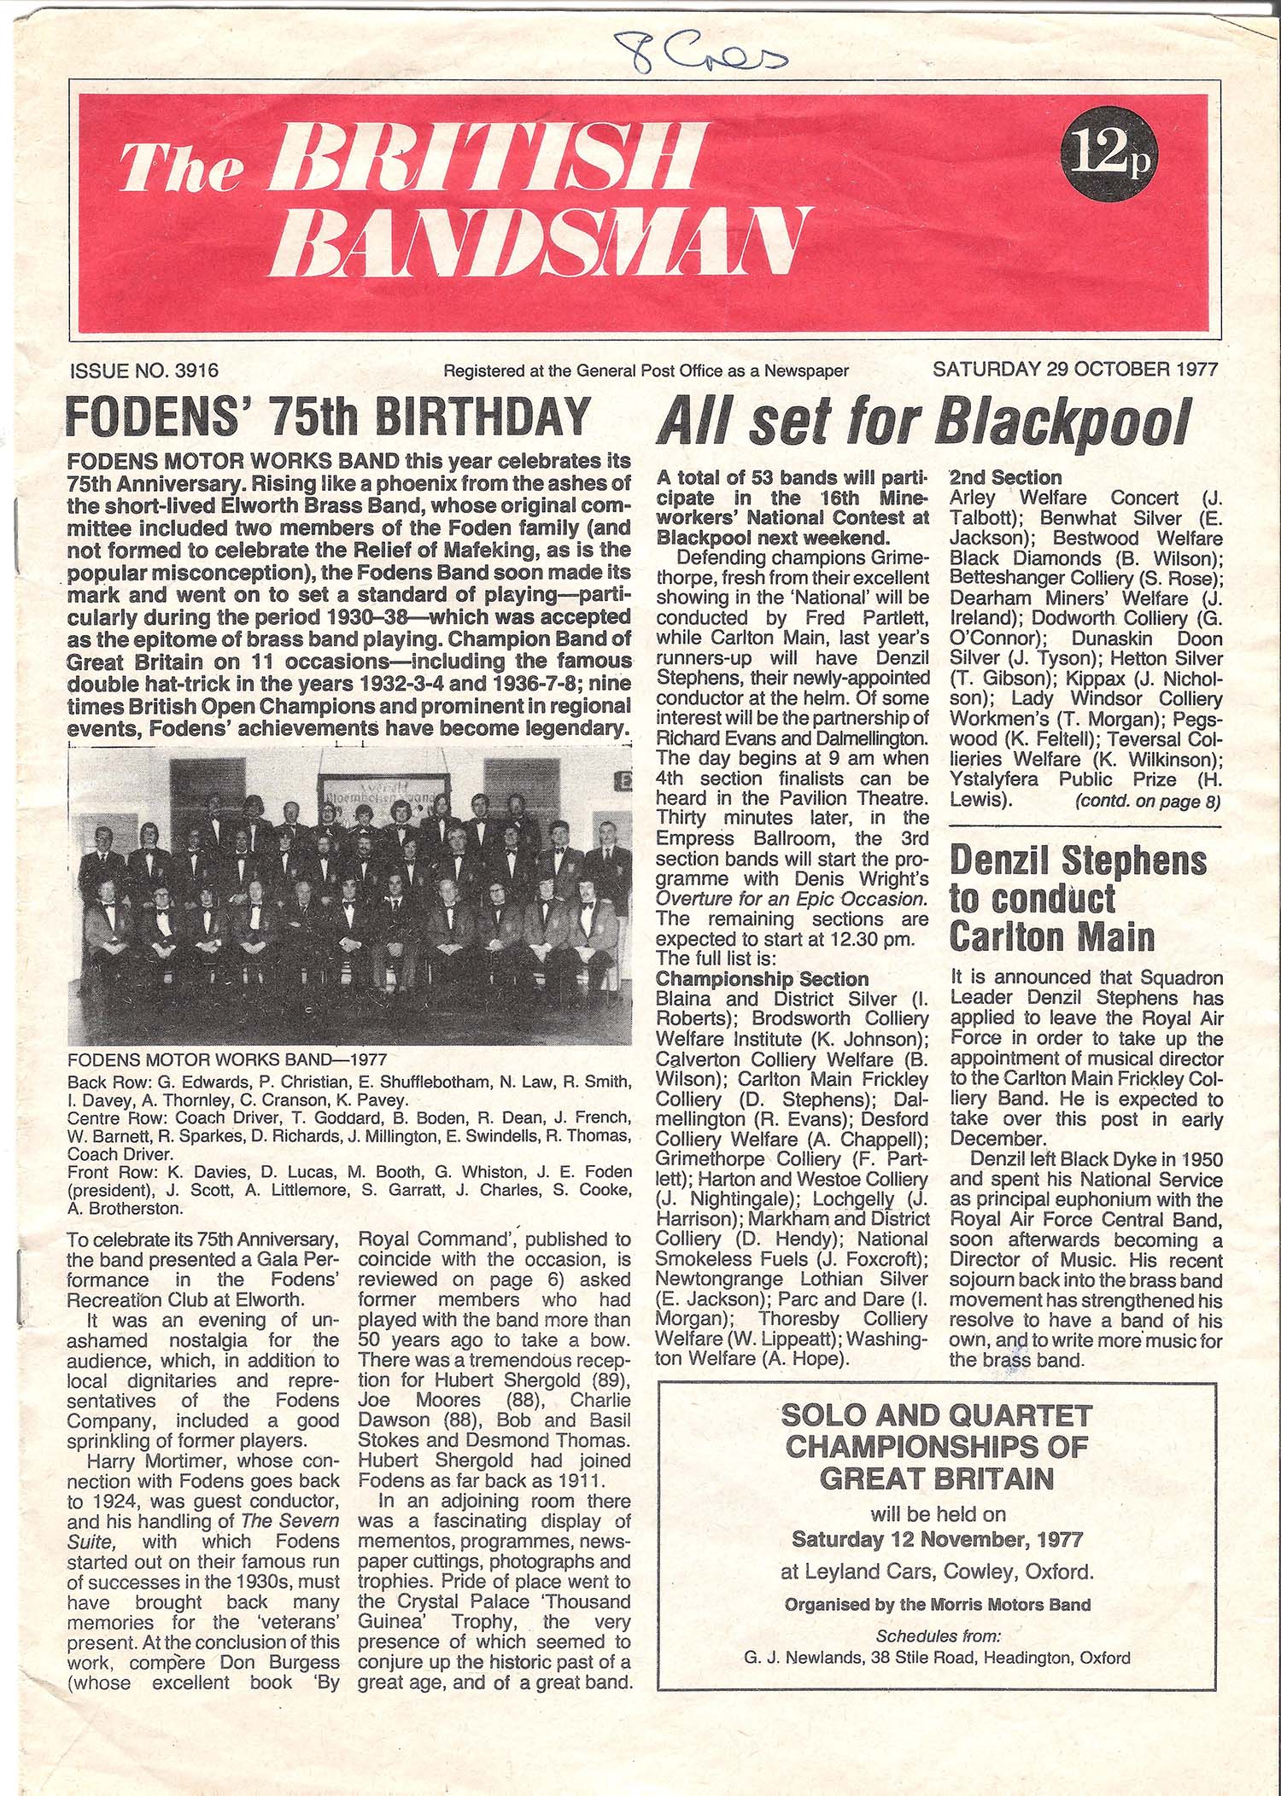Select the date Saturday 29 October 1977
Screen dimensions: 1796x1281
(1075, 370)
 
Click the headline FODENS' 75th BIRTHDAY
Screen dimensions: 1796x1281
(328, 418)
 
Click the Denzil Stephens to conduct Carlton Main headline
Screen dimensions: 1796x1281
(1078, 899)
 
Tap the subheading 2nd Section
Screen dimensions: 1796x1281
(1005, 477)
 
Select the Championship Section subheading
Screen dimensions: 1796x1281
(762, 978)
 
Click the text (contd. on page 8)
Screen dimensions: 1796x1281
(1148, 801)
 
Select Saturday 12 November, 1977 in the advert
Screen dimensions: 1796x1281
(937, 1540)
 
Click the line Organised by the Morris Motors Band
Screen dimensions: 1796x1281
(937, 1604)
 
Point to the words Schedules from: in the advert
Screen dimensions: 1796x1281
(937, 1636)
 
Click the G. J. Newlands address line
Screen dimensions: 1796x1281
(937, 1658)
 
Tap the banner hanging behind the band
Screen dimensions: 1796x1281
(384, 796)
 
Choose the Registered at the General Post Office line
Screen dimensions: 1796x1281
(645, 370)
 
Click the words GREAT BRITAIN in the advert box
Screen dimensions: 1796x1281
(937, 1479)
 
